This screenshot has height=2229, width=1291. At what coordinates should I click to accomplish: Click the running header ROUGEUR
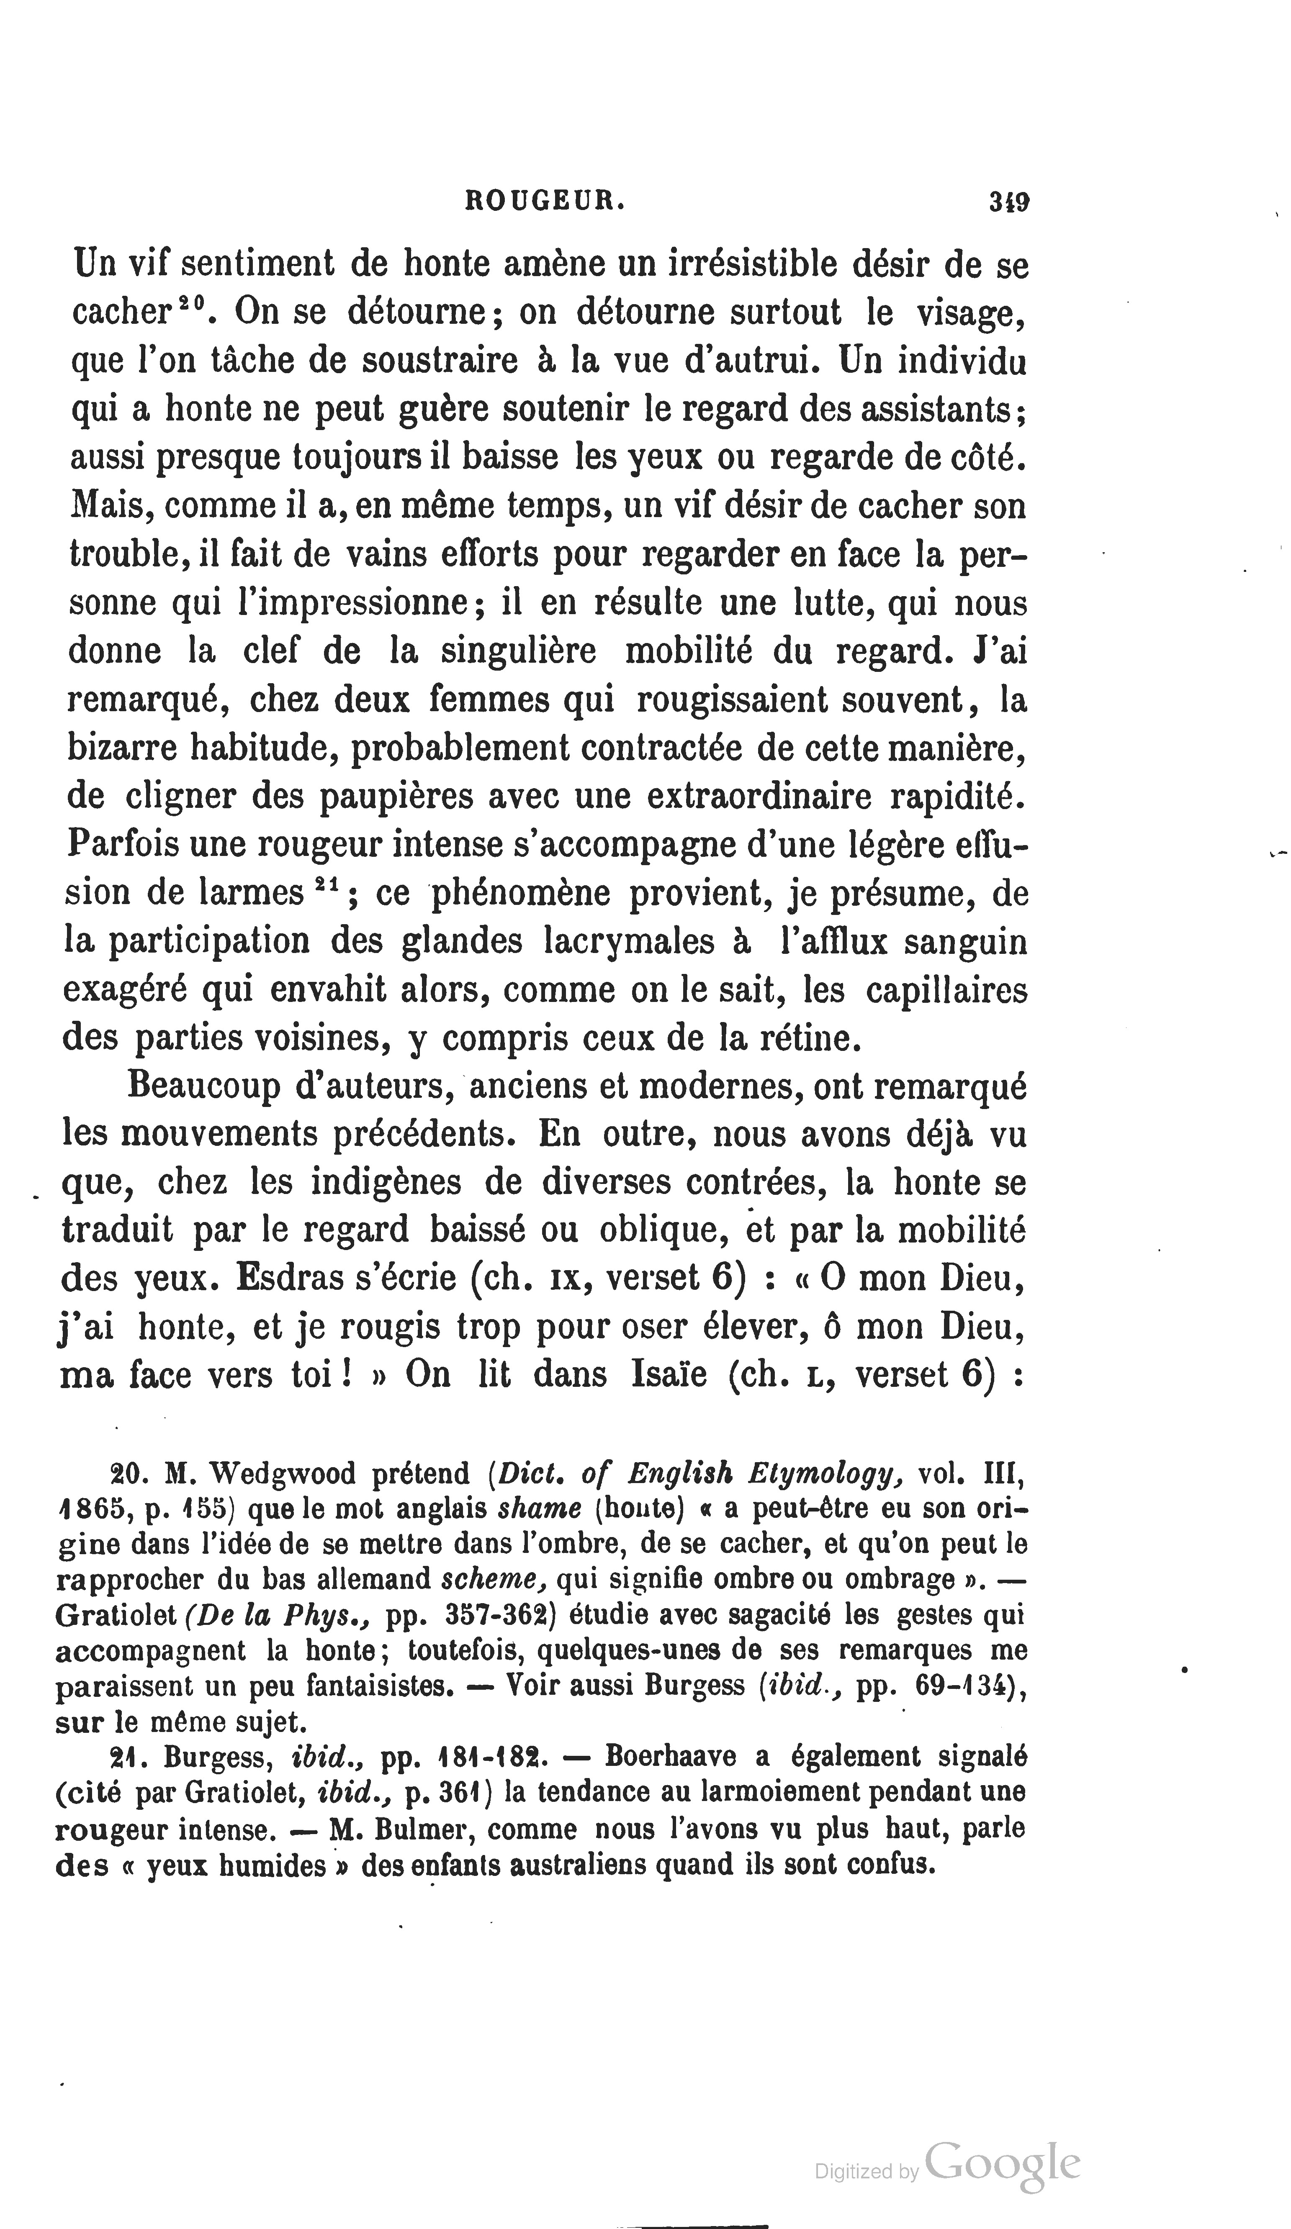click(545, 202)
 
